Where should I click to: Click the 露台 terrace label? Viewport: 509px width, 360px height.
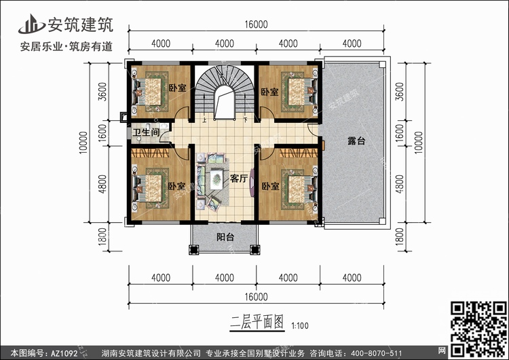tap(356, 141)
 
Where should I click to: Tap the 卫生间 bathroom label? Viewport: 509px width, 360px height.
tap(146, 132)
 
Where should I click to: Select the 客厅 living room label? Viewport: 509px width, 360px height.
tap(239, 179)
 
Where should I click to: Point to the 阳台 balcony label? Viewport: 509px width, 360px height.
tap(225, 237)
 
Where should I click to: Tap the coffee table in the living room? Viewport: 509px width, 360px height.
tap(216, 179)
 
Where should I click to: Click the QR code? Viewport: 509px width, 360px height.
tap(478, 329)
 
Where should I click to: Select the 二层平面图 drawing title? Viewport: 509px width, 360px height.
tap(257, 322)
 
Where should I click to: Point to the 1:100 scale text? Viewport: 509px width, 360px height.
tap(300, 325)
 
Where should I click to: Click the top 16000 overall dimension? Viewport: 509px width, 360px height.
tap(256, 24)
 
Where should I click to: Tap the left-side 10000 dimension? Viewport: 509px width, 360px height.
tap(83, 143)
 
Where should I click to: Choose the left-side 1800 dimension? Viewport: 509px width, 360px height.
tap(102, 237)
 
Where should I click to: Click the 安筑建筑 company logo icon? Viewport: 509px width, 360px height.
tap(31, 24)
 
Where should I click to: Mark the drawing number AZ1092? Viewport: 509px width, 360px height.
tap(64, 353)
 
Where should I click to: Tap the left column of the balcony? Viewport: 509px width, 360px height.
tap(193, 249)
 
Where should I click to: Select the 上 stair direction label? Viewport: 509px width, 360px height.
tap(205, 120)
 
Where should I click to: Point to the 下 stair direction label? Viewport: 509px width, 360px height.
tap(246, 120)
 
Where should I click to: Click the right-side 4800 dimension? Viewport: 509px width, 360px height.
tap(400, 184)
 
